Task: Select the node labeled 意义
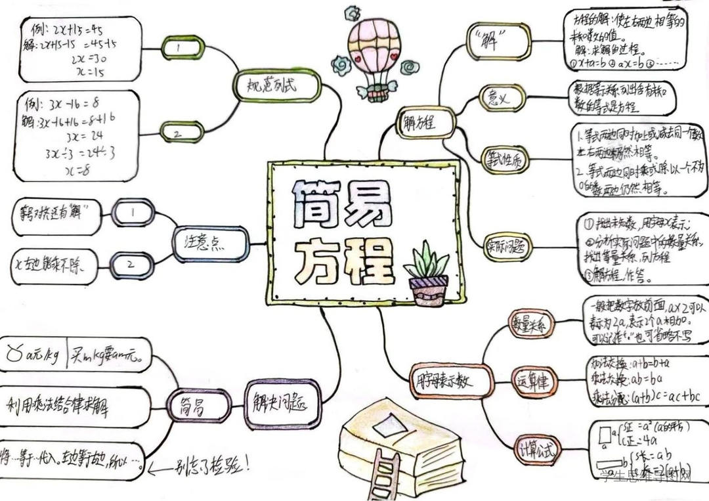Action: coord(503,98)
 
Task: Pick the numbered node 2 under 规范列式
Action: coord(179,132)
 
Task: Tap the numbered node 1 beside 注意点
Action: coord(133,213)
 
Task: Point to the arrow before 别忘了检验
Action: coord(160,469)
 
